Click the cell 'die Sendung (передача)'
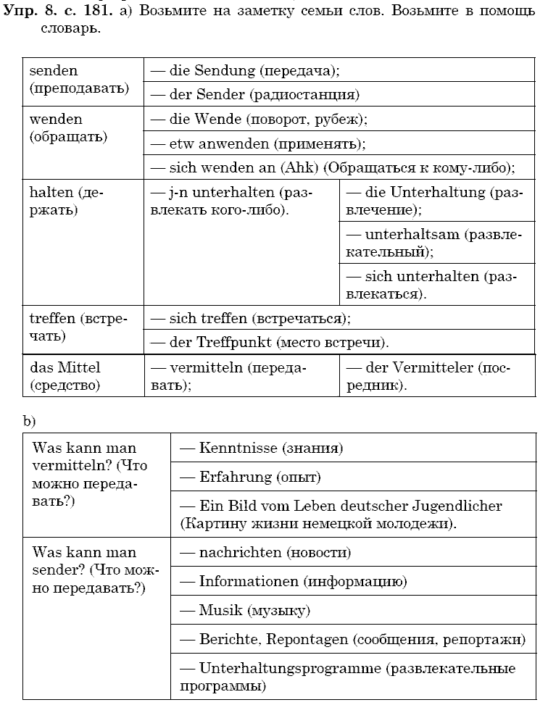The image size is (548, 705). click(x=244, y=71)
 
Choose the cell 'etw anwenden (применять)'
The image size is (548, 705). click(x=257, y=143)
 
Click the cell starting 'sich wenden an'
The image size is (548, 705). click(x=332, y=167)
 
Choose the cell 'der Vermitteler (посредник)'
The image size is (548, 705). click(x=428, y=377)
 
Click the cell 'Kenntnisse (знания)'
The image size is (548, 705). click(x=261, y=448)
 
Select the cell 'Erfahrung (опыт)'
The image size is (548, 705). click(x=250, y=477)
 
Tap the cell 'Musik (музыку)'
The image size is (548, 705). click(x=245, y=611)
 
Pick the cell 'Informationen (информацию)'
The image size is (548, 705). click(x=293, y=581)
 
